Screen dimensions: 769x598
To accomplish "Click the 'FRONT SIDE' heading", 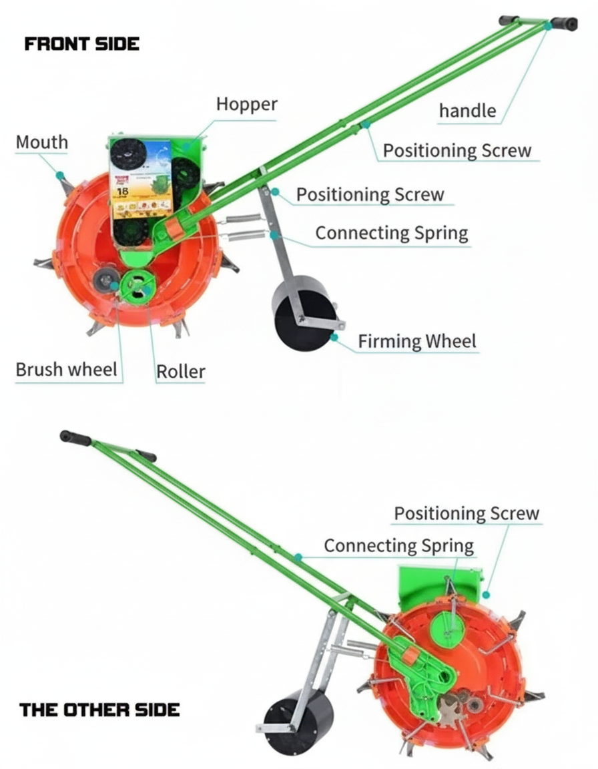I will point(81,44).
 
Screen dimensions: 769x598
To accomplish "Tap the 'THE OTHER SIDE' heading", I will point(99,709).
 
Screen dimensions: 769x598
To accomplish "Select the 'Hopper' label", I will point(246,105).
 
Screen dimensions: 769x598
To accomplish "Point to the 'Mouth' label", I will point(41,142).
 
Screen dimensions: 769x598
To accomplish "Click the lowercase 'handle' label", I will point(467,111).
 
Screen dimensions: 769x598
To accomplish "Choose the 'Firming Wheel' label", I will point(417,341).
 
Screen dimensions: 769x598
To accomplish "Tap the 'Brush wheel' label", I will point(66,369).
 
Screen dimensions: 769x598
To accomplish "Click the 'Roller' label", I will point(180,371).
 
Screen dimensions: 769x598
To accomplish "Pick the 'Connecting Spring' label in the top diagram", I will point(391,233).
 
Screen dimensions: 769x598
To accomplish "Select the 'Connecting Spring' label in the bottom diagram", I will point(398,545).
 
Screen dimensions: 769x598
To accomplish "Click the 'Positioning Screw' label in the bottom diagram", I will point(466,513).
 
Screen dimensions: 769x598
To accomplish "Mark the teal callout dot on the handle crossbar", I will point(548,26).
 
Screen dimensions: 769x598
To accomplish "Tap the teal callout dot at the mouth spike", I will point(59,175).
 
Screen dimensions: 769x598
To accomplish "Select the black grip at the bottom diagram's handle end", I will point(75,438).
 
